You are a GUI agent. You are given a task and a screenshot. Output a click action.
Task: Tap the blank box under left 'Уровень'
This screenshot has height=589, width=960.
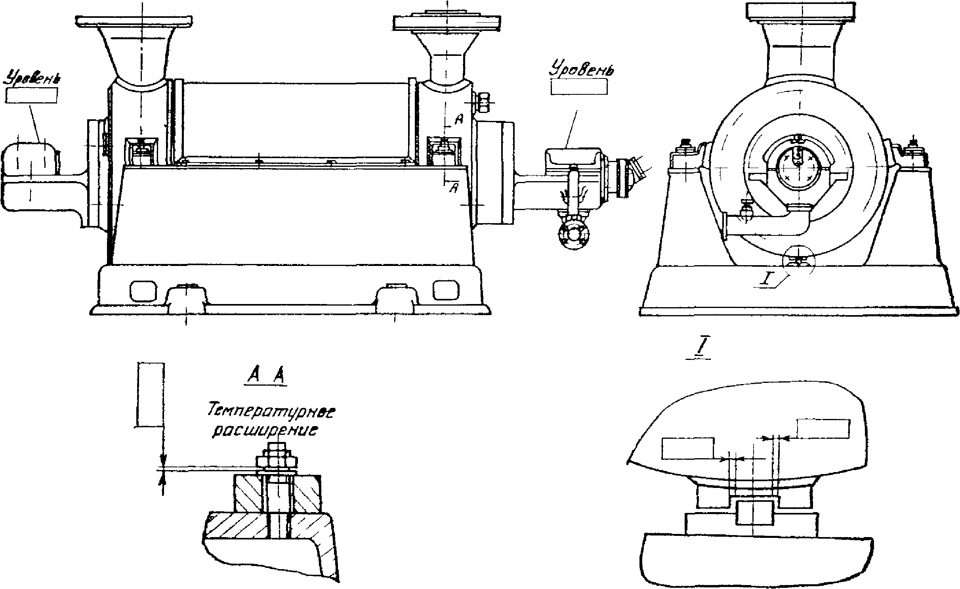click(32, 96)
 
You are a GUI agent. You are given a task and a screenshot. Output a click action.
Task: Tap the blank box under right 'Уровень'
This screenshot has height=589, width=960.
click(579, 86)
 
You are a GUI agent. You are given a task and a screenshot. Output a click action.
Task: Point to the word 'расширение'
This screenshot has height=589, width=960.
click(265, 431)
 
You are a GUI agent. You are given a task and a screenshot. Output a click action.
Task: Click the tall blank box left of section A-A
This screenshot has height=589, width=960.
click(150, 394)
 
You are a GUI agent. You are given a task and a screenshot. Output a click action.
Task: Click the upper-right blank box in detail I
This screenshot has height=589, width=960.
click(823, 428)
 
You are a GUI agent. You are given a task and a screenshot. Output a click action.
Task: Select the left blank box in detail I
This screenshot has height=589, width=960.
click(688, 448)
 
